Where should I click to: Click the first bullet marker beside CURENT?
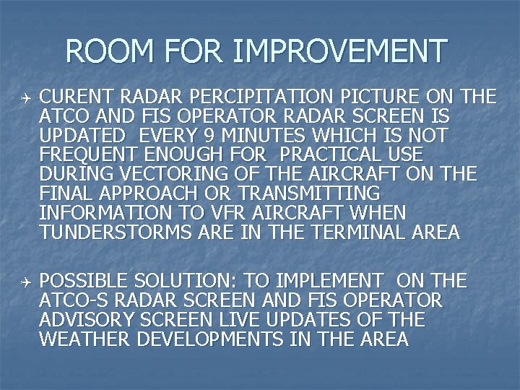coord(24,97)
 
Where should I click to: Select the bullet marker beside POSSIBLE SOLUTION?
coord(24,281)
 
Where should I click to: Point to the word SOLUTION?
coord(191,281)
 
